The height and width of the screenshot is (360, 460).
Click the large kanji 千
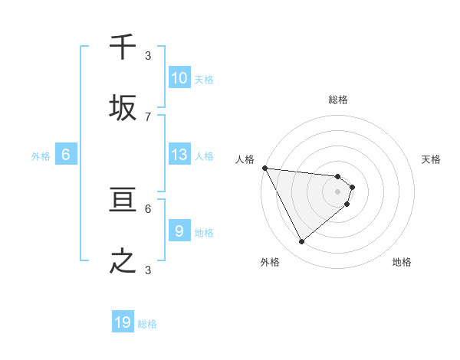[123, 48]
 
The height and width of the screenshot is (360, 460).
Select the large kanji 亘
[123, 201]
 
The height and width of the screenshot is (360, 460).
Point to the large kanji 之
[123, 262]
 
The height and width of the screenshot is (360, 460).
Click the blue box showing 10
[179, 78]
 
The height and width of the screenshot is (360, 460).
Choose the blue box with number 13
[179, 155]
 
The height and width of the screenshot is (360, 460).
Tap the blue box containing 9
[179, 231]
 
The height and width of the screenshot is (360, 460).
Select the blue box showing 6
[66, 155]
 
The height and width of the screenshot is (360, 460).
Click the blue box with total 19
[123, 322]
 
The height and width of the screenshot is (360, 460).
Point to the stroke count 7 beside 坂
[148, 116]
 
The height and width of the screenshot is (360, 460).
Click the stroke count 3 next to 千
[148, 56]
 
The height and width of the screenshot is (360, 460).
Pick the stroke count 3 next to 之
[148, 270]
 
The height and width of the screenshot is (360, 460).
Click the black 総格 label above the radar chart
[338, 100]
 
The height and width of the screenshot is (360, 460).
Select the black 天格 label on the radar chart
[431, 159]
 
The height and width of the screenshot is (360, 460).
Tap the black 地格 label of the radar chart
[402, 262]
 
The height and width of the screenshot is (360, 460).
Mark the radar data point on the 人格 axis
[264, 168]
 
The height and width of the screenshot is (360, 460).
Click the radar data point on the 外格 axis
[301, 241]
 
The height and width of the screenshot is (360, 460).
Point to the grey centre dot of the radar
[338, 191]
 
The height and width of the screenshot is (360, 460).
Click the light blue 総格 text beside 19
[147, 324]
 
